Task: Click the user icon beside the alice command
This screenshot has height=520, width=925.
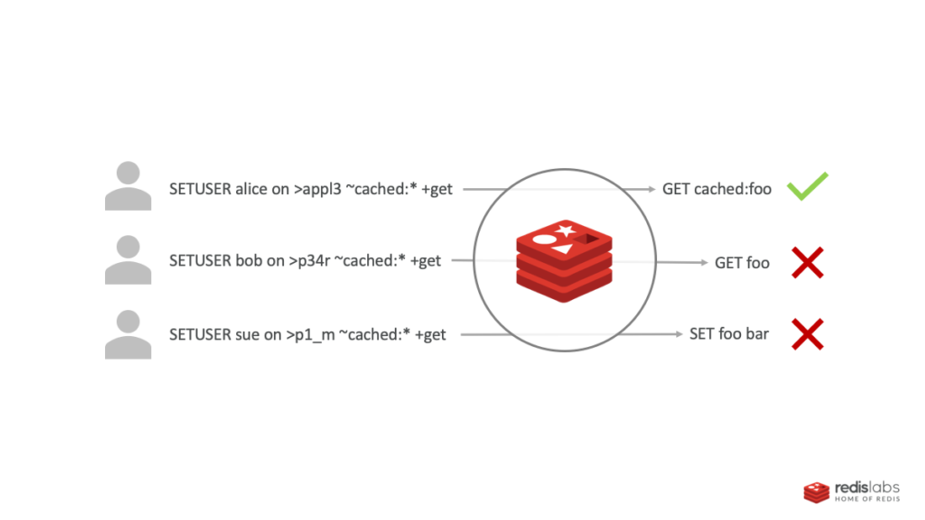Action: (x=128, y=186)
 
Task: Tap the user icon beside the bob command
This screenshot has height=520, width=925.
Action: (x=128, y=260)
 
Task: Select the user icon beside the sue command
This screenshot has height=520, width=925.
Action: (x=128, y=334)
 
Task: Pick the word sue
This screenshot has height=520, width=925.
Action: (x=247, y=335)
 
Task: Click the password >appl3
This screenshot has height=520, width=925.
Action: (x=318, y=189)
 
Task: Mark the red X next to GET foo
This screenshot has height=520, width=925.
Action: (x=808, y=262)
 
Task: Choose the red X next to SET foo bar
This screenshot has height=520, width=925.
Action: (x=808, y=334)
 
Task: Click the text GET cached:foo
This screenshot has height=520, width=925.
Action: (x=717, y=189)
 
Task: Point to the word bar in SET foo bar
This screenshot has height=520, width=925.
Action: (x=757, y=334)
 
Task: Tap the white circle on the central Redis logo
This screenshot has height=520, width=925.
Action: (x=544, y=239)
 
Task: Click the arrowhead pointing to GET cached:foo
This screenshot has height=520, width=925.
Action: (x=651, y=189)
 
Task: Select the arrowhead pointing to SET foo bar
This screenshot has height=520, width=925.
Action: (x=679, y=334)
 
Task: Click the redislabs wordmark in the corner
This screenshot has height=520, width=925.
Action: (x=867, y=488)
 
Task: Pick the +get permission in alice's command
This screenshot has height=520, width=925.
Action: (x=436, y=189)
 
